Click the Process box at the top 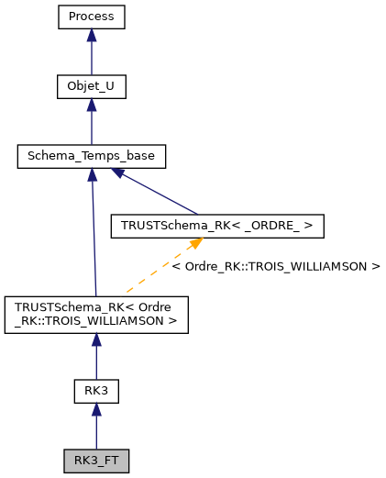point(91,17)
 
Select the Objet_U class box point(91,86)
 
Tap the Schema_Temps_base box point(91,156)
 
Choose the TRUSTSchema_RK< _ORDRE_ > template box point(216,226)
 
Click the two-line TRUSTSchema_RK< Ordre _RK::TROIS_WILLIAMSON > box point(96,314)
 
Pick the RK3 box point(96,391)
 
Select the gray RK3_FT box point(96,461)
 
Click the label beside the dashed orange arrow point(275,266)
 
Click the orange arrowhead point(195,244)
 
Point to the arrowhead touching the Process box point(91,35)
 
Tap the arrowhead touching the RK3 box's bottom point(96,410)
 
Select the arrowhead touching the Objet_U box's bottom point(91,105)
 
